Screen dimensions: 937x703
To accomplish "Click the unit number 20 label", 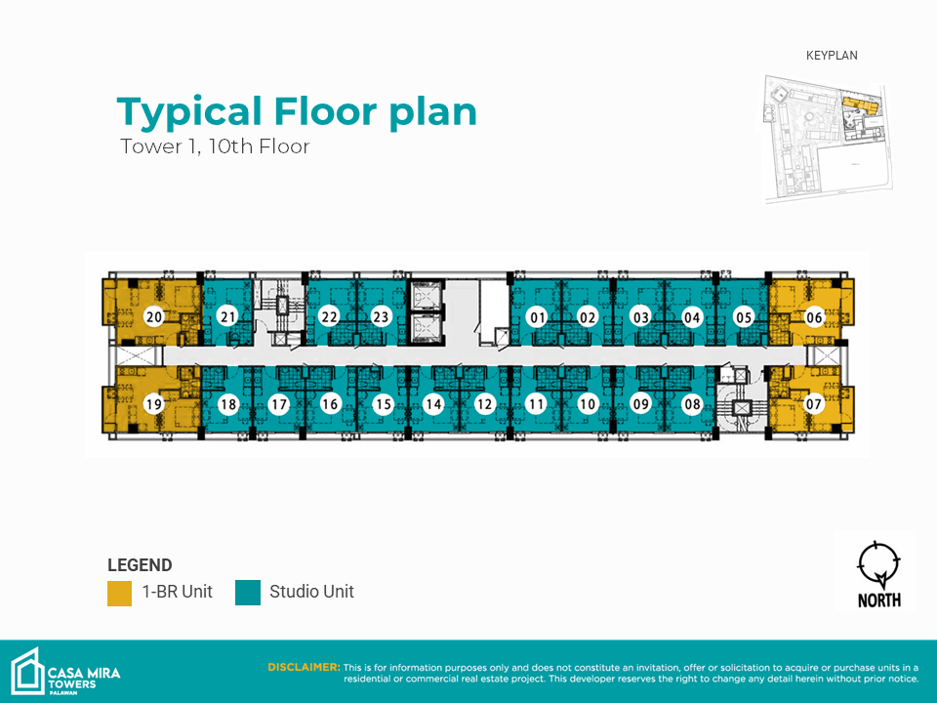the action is click(x=154, y=316).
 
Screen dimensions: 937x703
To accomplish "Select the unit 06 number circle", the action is click(x=814, y=316).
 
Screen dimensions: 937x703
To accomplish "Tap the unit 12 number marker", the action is click(x=484, y=404).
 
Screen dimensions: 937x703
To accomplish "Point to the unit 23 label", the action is click(x=381, y=316).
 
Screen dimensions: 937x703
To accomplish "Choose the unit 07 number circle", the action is click(x=813, y=404).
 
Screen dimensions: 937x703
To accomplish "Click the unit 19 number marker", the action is click(x=154, y=404).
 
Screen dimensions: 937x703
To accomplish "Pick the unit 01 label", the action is click(x=538, y=316).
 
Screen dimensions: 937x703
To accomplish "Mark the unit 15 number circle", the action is click(x=383, y=404).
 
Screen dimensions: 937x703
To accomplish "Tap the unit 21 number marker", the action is click(x=227, y=316).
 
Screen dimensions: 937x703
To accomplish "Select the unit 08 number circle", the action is click(x=692, y=404).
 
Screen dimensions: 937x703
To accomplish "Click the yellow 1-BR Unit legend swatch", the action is click(x=119, y=593).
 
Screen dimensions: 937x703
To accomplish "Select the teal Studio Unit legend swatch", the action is click(x=248, y=593).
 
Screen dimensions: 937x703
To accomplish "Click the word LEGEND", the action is click(x=140, y=565).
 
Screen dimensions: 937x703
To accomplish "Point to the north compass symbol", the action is click(x=878, y=564).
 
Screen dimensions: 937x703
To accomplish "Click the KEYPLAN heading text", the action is click(x=832, y=56).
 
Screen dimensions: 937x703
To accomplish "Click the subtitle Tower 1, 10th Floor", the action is click(x=215, y=146).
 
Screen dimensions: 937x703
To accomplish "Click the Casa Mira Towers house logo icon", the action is click(x=28, y=672).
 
